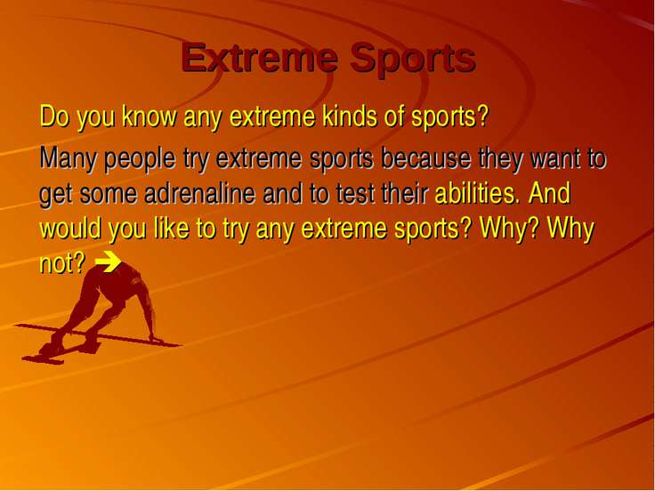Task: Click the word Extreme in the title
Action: pyautogui.click(x=260, y=58)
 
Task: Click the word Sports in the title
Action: pyautogui.click(x=413, y=60)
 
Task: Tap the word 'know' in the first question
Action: pyautogui.click(x=150, y=116)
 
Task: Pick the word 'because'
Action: pyautogui.click(x=426, y=158)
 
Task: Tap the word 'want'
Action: pyautogui.click(x=554, y=159)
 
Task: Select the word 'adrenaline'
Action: pyautogui.click(x=199, y=193)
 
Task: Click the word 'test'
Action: pyautogui.click(x=354, y=194)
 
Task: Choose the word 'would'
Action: pyautogui.click(x=70, y=229)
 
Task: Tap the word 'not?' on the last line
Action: pyautogui.click(x=62, y=263)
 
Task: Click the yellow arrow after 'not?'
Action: pyautogui.click(x=109, y=262)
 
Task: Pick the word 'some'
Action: pyautogui.click(x=109, y=195)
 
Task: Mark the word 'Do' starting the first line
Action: pyautogui.click(x=54, y=116)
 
